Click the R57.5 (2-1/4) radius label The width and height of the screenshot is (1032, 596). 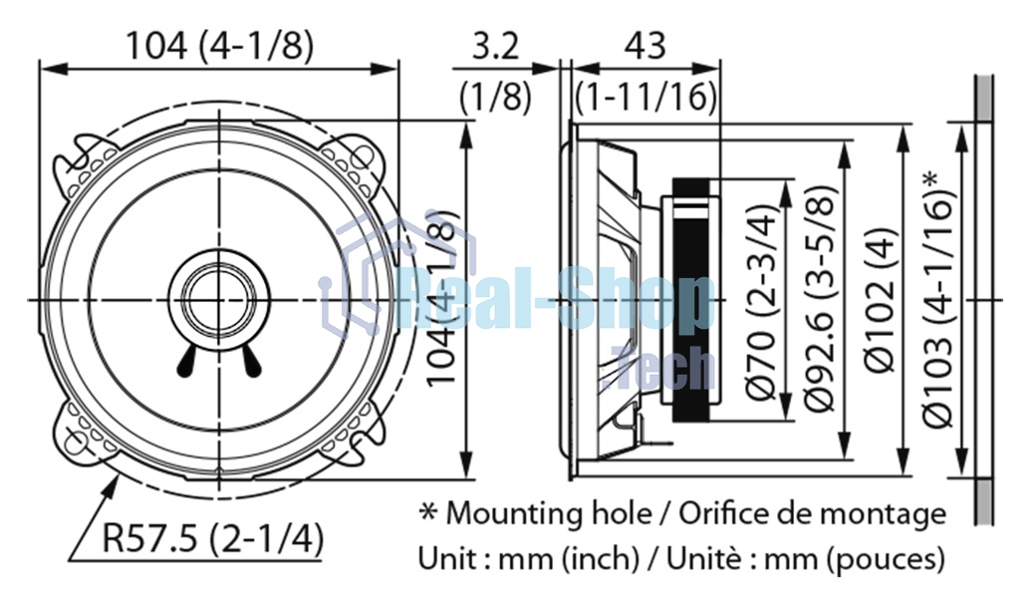click(x=212, y=538)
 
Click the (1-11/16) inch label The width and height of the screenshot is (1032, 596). click(x=645, y=97)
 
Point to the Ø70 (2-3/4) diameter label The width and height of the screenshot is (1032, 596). click(x=762, y=300)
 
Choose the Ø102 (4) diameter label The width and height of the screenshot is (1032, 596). click(x=880, y=300)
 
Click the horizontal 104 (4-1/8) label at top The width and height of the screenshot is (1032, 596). click(x=219, y=46)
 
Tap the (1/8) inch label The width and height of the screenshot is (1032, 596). click(x=495, y=97)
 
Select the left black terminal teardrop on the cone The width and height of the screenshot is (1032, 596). click(x=186, y=362)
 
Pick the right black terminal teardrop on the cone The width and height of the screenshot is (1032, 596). click(x=251, y=362)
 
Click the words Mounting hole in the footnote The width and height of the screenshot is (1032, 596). click(x=549, y=513)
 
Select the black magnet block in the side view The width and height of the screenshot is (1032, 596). click(x=691, y=300)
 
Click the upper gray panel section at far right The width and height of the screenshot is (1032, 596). click(x=984, y=98)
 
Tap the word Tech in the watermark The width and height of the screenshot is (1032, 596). click(x=662, y=369)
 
